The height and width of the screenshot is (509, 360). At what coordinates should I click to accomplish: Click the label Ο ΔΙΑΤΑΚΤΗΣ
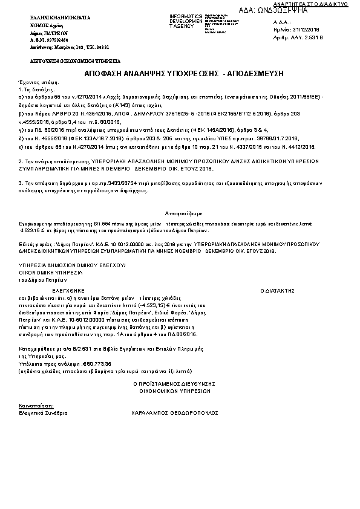point(278,291)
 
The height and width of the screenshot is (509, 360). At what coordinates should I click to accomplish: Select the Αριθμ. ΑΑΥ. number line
point(298,37)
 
